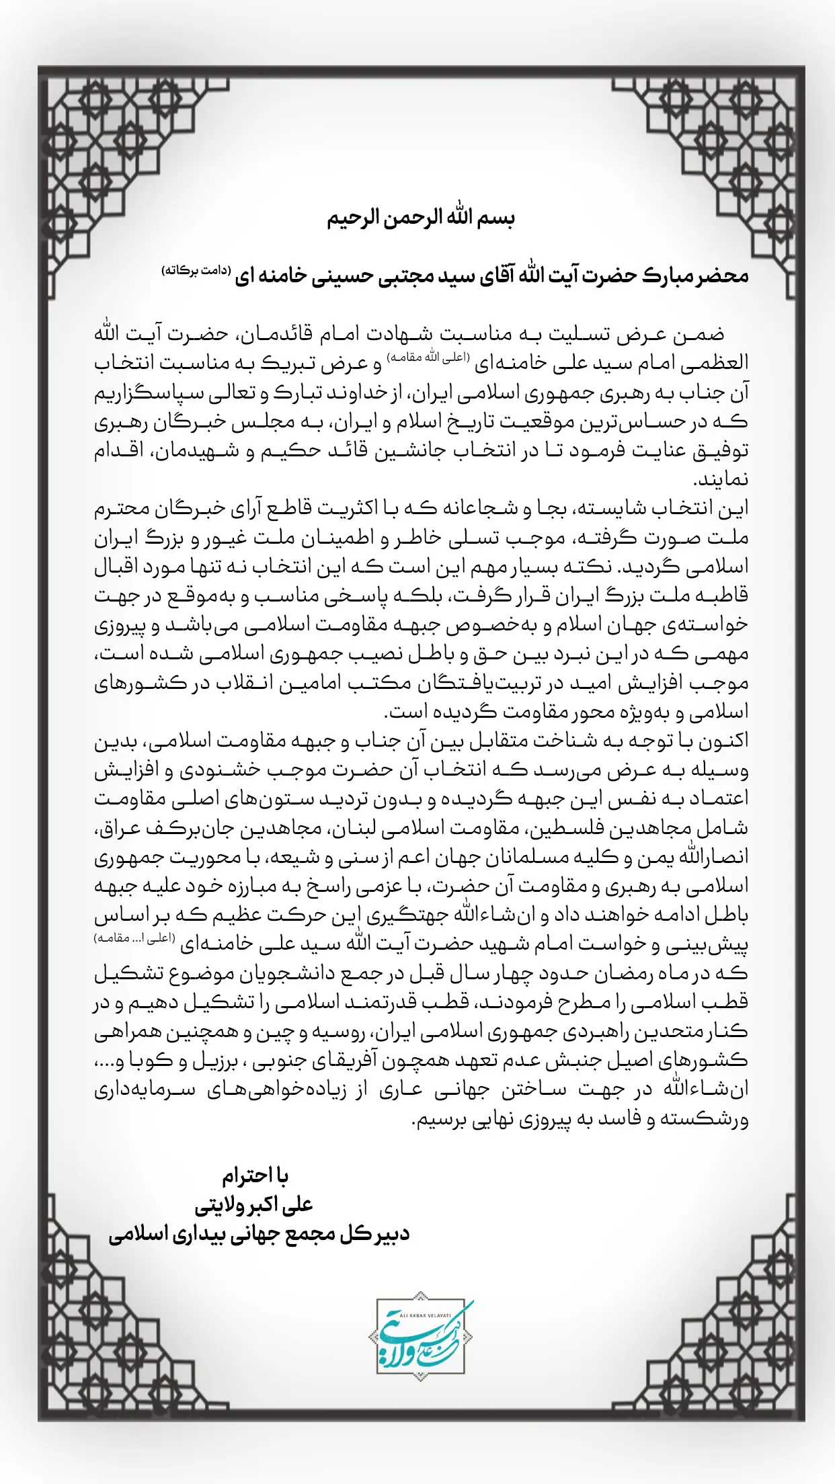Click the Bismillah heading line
[420, 218]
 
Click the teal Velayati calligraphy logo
[421, 1337]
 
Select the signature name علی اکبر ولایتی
[254, 1205]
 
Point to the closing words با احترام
[255, 1176]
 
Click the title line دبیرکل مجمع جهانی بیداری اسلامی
[259, 1235]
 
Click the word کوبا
[153, 1061]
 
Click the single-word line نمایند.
[720, 480]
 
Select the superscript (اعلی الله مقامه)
[428, 358]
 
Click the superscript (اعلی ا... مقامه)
[134, 938]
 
